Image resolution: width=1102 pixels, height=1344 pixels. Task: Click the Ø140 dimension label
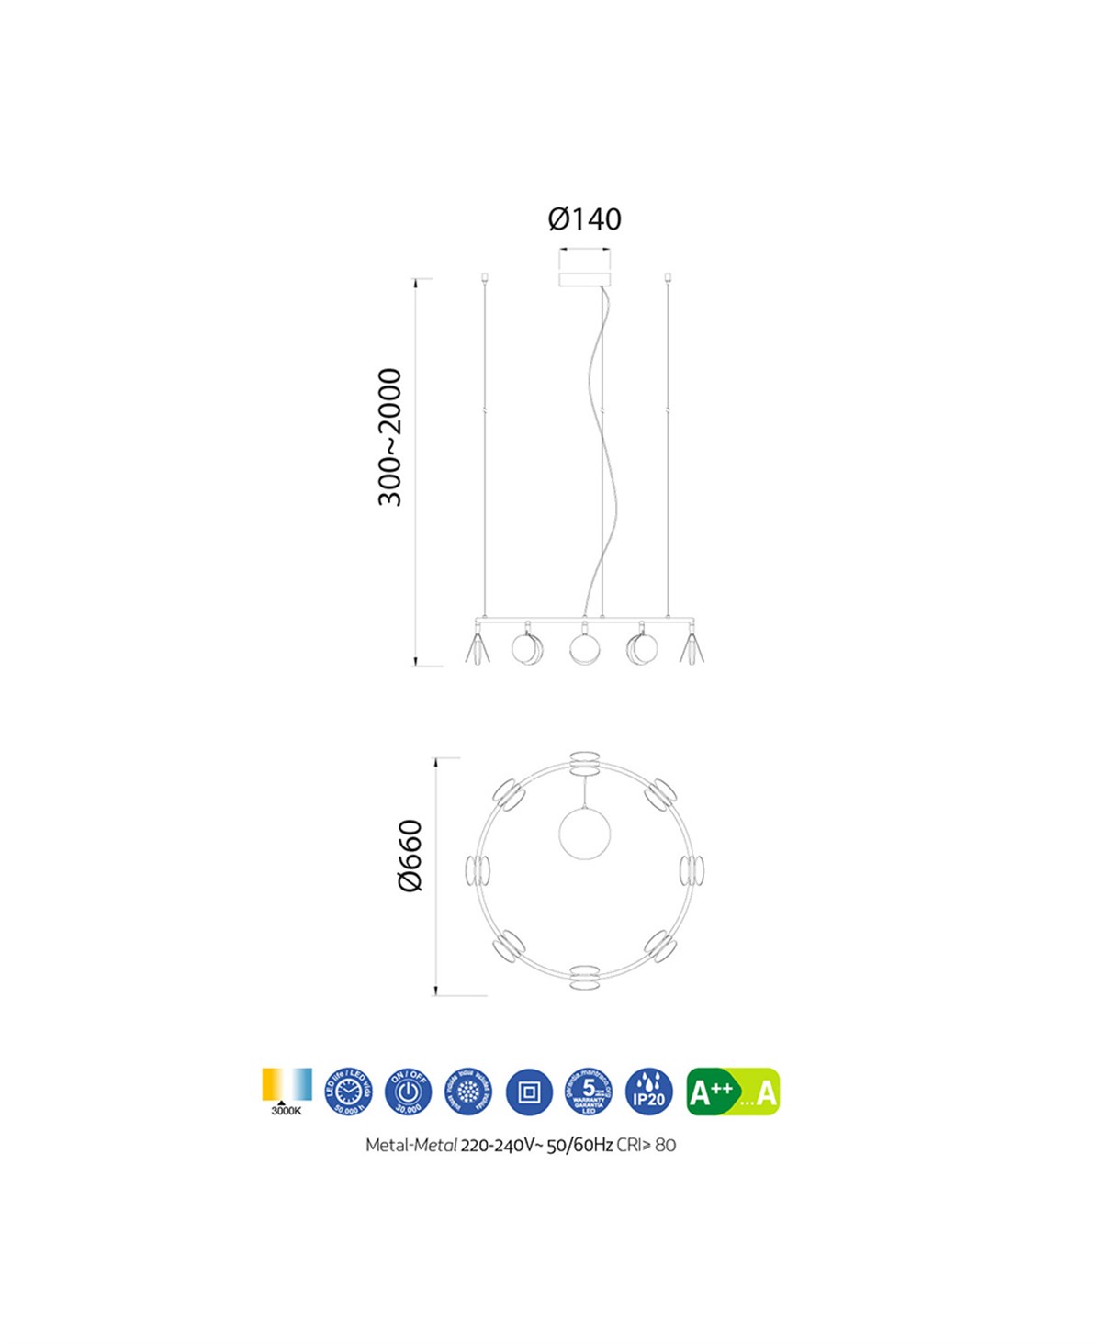point(584,219)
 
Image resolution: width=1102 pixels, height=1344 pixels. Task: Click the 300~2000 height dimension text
point(390,437)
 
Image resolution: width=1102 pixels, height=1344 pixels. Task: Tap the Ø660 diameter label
point(410,855)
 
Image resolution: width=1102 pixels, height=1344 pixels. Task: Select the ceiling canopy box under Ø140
point(584,277)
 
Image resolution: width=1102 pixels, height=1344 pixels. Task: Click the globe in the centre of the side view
point(584,648)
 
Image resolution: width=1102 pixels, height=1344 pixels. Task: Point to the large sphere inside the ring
point(585,834)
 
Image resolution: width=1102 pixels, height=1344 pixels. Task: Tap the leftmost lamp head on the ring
point(478,870)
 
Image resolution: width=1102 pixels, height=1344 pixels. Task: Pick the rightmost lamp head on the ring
point(692,870)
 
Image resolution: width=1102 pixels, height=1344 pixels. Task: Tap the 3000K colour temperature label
point(287,1111)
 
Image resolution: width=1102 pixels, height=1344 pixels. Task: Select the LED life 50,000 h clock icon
point(349,1092)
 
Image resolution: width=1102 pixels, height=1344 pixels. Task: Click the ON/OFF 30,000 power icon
point(409,1092)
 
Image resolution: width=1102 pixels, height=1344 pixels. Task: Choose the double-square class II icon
point(529,1092)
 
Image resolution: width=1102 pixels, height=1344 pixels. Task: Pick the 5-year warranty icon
point(589,1092)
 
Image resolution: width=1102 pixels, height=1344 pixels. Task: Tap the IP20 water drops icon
point(648,1092)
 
